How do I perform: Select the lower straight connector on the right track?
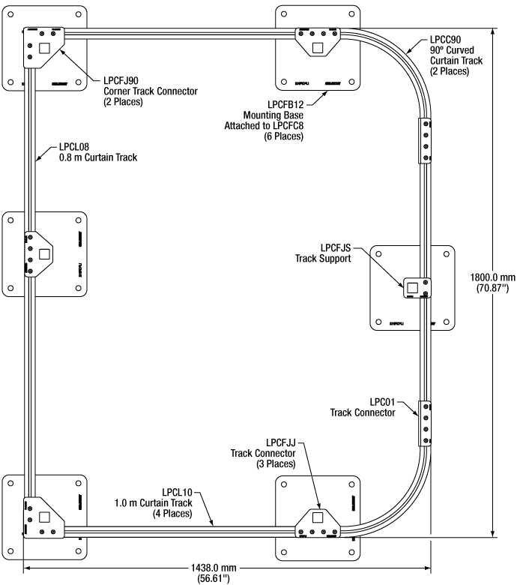(424, 424)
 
